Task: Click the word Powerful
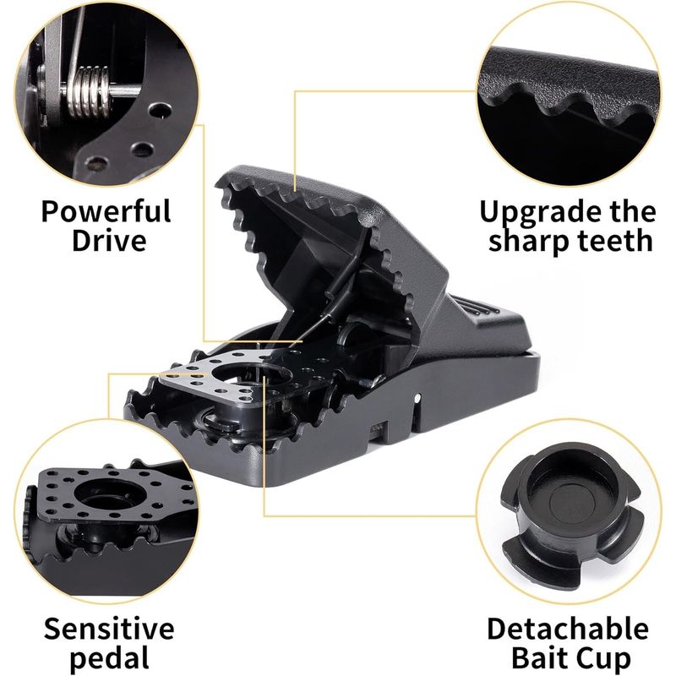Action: point(106,212)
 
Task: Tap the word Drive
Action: point(109,240)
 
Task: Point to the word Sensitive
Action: point(109,628)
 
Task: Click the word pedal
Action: point(110,658)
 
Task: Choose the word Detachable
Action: point(568,629)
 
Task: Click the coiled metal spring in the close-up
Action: point(90,91)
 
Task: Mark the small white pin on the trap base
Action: point(417,397)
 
